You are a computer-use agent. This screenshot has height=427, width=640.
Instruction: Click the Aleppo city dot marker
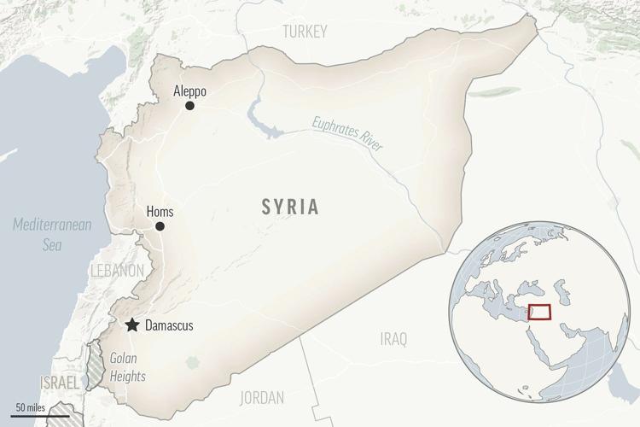click(189, 106)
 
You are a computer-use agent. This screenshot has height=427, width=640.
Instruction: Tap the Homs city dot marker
click(160, 226)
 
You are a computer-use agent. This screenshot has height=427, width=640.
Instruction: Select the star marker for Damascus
click(132, 325)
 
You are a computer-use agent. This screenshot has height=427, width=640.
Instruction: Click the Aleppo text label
click(189, 90)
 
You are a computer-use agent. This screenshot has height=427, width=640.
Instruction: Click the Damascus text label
click(169, 326)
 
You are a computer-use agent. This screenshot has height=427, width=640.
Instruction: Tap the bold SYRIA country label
click(290, 206)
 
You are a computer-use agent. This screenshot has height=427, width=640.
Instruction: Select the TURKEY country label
click(304, 32)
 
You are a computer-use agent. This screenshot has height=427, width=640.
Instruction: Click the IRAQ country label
click(393, 339)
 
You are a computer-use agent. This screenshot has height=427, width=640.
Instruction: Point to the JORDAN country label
click(263, 397)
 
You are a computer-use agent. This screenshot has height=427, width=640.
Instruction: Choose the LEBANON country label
click(115, 270)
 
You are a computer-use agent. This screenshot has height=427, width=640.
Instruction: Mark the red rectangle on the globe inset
click(539, 312)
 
